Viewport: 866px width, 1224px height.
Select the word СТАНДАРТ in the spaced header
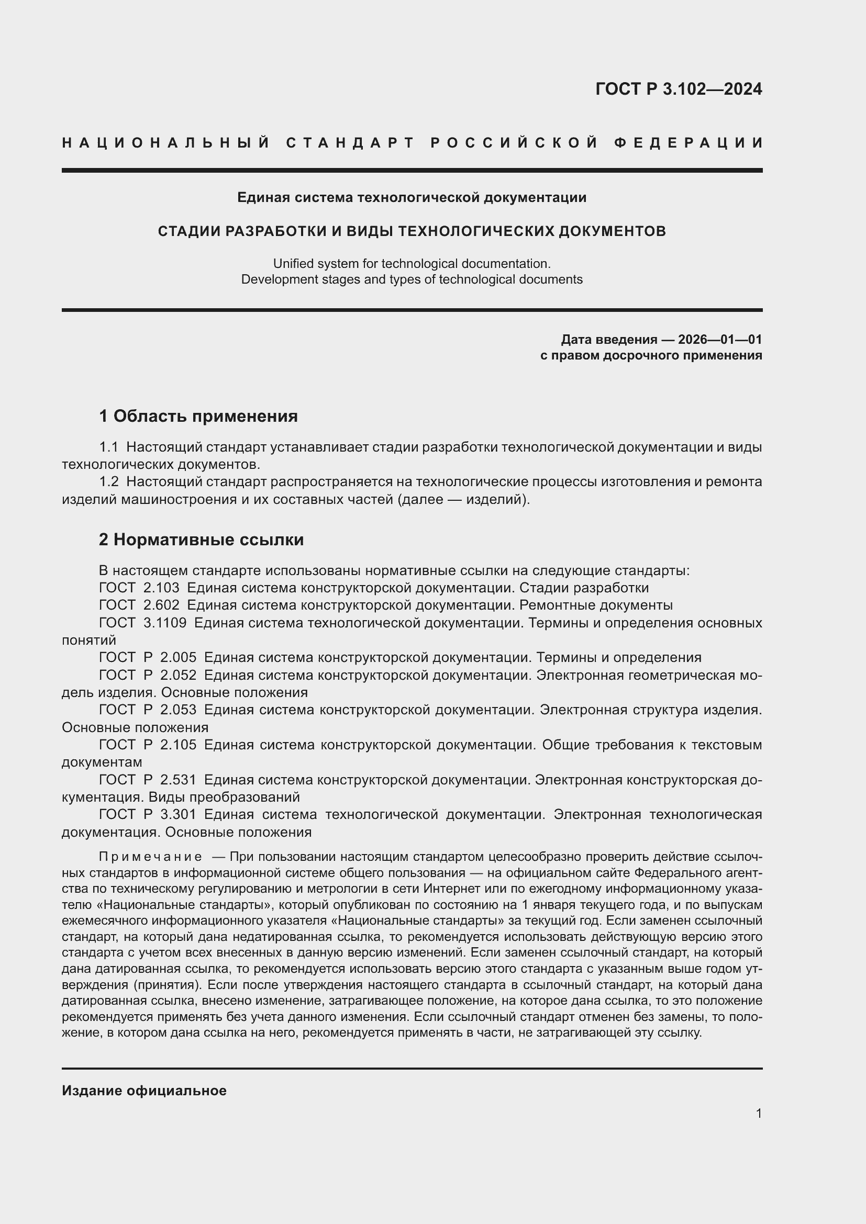350,143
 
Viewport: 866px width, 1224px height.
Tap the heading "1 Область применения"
198,416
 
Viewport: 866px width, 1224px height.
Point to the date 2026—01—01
719,340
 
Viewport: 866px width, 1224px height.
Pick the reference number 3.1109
165,623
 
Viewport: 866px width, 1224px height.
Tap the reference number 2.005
178,657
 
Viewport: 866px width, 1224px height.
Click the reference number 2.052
178,675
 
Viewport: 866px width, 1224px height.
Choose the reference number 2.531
178,780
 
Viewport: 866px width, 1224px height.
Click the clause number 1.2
109,482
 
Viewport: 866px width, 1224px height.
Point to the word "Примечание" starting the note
150,857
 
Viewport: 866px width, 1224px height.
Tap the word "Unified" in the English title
292,264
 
